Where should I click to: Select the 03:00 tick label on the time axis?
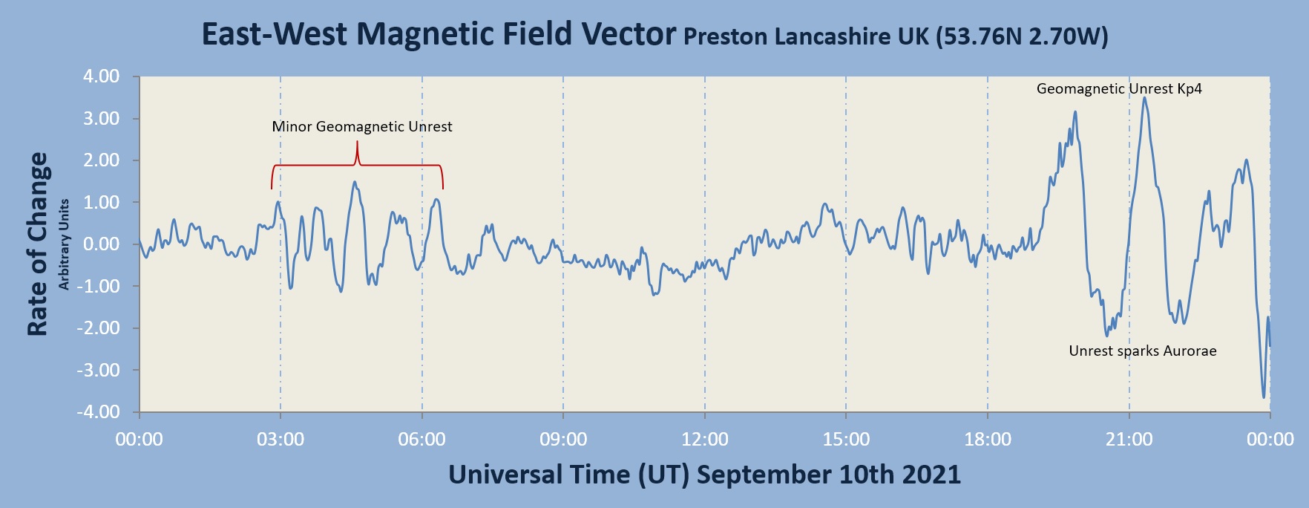[280, 440]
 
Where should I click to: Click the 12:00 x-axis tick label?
[705, 440]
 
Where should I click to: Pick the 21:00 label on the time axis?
[1129, 440]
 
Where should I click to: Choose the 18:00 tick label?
[988, 440]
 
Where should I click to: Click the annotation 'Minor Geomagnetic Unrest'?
[362, 127]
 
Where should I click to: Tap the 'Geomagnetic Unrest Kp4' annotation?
[1119, 89]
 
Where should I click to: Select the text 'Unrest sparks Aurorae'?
[1143, 351]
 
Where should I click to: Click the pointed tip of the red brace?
[357, 143]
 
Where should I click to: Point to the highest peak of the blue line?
[1144, 98]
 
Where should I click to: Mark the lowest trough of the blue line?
[1264, 397]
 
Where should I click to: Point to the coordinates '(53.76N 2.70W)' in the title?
[1022, 36]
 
